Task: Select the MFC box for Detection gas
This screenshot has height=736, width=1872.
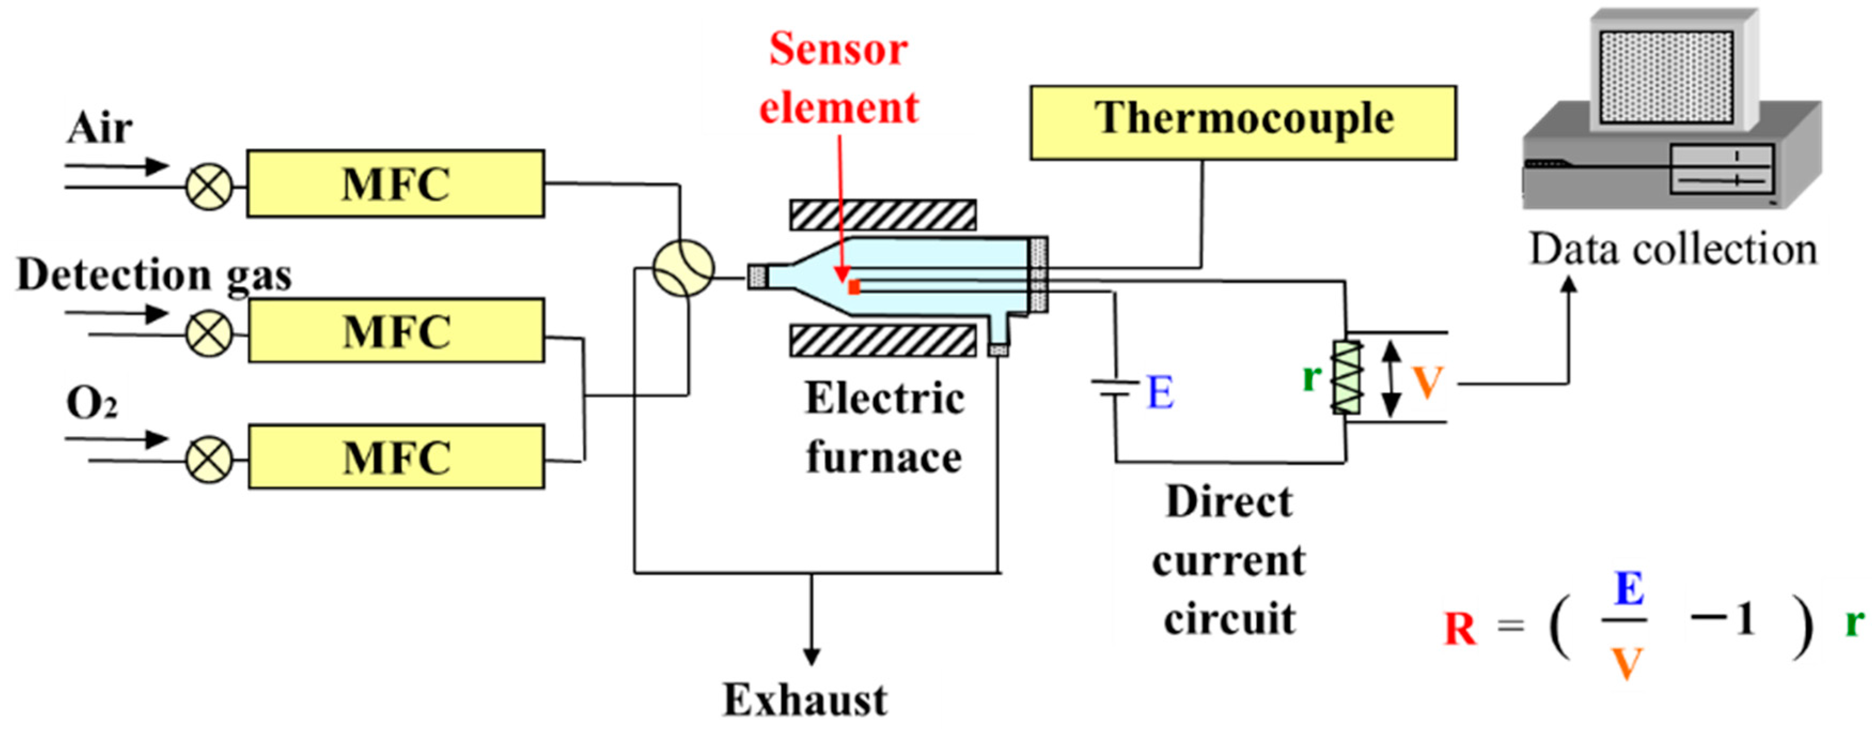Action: point(396,331)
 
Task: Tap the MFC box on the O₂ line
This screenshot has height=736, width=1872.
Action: point(396,458)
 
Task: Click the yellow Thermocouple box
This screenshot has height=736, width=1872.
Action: point(1243,122)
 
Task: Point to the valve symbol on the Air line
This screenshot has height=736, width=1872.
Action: point(209,187)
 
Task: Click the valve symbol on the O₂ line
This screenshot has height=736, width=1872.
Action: point(209,460)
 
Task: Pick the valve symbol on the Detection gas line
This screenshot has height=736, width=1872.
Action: point(209,335)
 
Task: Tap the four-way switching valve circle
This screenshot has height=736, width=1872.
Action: point(683,269)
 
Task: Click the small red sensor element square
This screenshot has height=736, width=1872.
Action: point(855,287)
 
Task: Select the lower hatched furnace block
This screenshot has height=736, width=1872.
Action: point(882,341)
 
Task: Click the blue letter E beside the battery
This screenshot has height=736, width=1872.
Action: point(1160,393)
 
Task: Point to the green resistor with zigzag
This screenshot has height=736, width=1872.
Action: point(1346,377)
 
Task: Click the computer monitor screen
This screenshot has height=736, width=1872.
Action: point(1666,77)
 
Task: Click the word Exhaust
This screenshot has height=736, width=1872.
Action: point(804,700)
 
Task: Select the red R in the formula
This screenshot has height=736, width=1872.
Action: point(1459,629)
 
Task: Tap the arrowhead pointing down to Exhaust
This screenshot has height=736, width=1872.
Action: point(812,656)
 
